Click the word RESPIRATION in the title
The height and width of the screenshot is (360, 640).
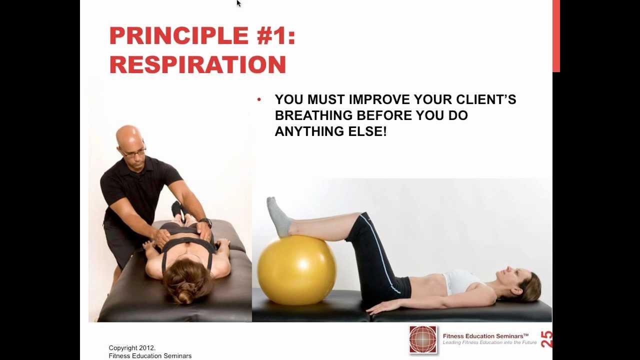(x=197, y=65)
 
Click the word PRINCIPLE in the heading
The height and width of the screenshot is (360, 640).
(x=179, y=36)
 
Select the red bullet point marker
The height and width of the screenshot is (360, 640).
(x=259, y=99)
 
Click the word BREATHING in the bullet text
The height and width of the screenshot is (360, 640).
(x=313, y=115)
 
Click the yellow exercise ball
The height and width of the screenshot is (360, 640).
(x=296, y=269)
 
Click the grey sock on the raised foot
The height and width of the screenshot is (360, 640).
(x=278, y=216)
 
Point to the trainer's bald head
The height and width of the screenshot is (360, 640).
(x=128, y=136)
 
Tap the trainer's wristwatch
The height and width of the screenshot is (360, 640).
(x=205, y=222)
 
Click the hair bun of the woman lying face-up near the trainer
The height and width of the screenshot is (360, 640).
(x=185, y=296)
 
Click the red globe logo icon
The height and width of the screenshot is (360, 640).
(x=422, y=339)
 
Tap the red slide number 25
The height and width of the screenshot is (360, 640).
(x=546, y=339)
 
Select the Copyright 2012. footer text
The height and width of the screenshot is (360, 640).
(x=132, y=348)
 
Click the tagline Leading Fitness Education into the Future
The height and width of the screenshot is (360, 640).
(x=489, y=343)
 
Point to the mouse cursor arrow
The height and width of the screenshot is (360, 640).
(x=238, y=3)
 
